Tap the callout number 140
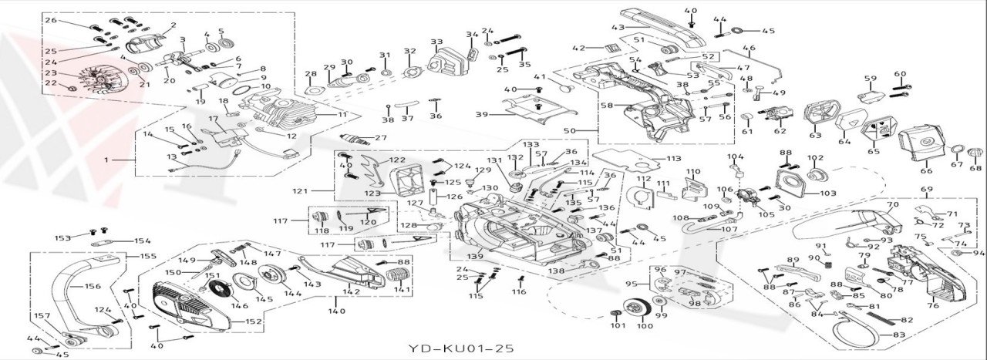336,311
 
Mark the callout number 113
674,159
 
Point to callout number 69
927,189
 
